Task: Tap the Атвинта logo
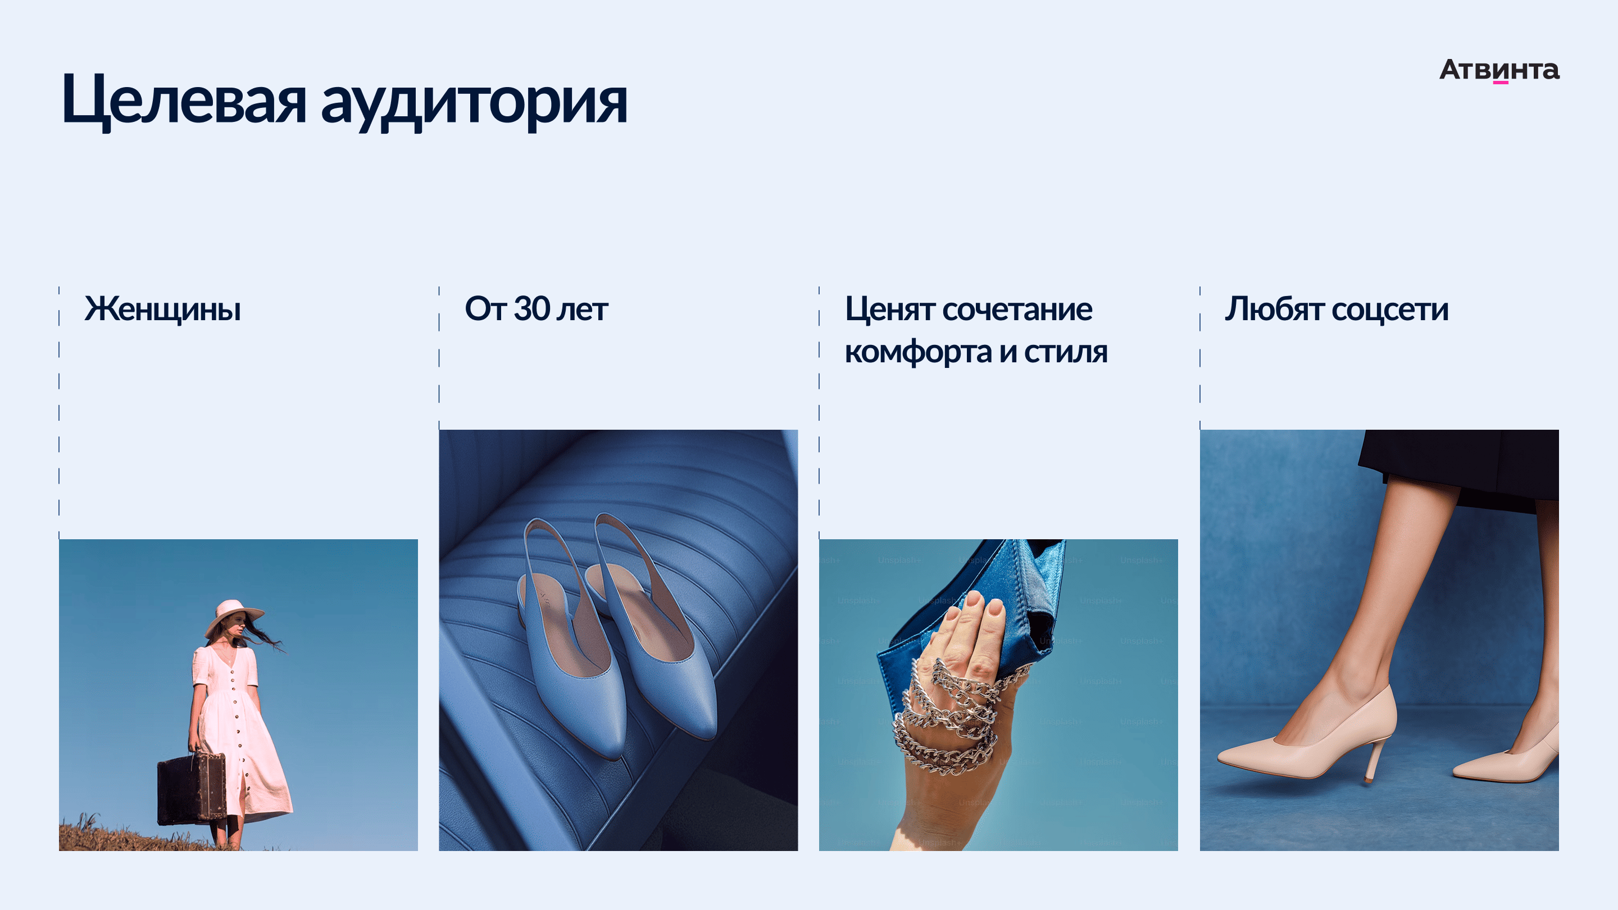click(1499, 70)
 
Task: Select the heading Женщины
click(163, 309)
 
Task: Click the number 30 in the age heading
click(532, 308)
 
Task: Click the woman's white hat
click(233, 615)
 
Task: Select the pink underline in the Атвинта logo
click(1501, 82)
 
